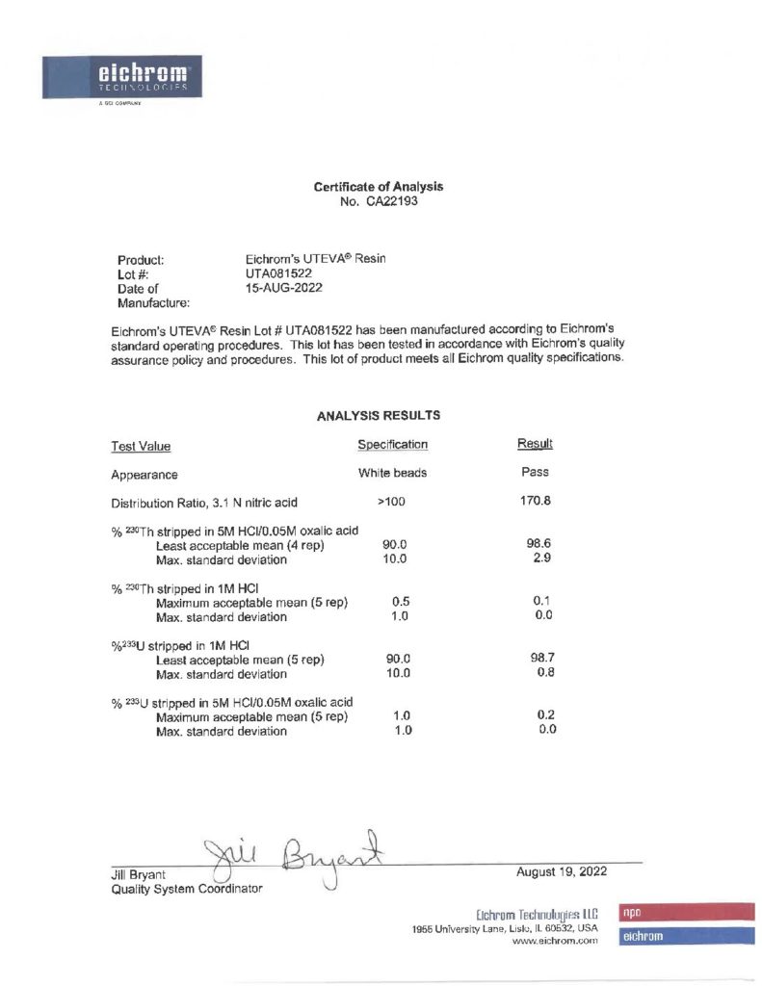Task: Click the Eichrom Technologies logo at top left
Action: click(120, 76)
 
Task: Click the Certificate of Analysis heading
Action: click(379, 187)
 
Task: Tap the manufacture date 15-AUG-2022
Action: click(284, 288)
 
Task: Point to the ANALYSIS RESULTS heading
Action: click(379, 416)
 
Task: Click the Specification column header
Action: click(392, 445)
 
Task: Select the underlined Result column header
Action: click(535, 444)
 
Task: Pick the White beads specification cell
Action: click(392, 473)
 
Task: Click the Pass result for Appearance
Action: click(535, 473)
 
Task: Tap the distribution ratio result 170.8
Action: click(535, 501)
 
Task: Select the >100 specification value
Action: click(392, 502)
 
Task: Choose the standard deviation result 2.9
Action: click(541, 558)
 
